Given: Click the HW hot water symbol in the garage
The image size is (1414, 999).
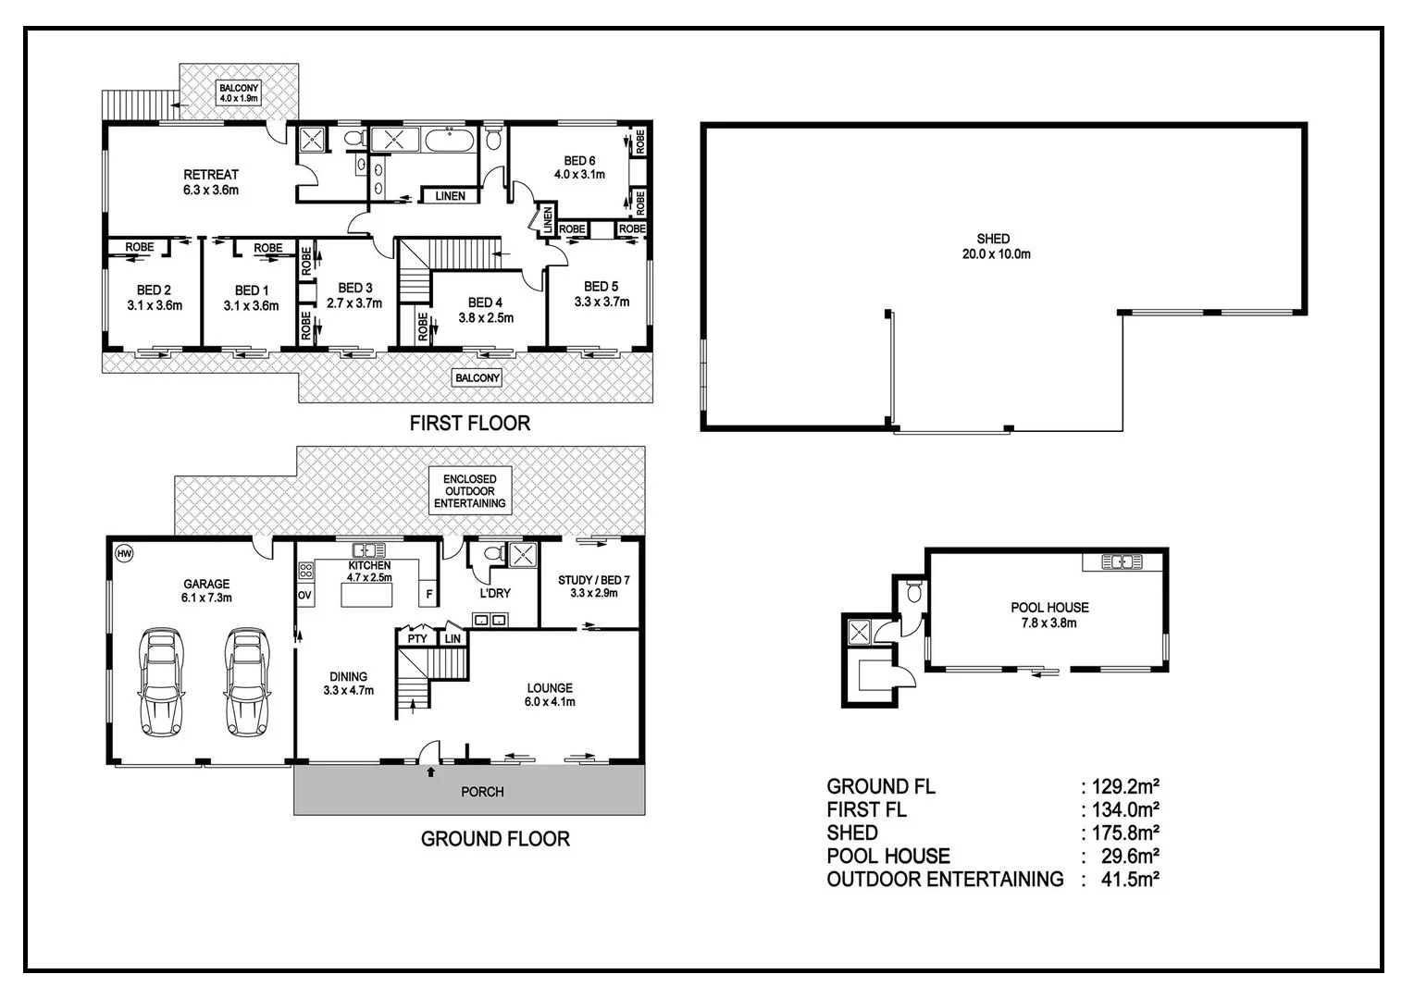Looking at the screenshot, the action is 124,554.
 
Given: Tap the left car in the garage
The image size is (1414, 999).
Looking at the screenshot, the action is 162,682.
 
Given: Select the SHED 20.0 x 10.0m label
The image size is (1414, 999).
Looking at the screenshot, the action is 996,247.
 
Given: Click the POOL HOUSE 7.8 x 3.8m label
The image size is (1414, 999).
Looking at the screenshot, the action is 1049,615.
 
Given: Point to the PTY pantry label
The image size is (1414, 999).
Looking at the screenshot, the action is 417,638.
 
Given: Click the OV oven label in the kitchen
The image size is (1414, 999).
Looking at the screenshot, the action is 304,595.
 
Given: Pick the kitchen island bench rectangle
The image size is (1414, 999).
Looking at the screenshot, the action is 366,595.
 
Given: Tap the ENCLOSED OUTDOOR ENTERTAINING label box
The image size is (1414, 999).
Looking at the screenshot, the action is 470,491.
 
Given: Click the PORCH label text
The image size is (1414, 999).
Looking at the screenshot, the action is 482,792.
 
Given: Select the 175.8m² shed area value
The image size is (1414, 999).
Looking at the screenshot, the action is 1125,833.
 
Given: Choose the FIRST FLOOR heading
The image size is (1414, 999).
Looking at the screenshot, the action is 470,423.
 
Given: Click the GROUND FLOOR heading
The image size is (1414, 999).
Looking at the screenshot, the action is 495,839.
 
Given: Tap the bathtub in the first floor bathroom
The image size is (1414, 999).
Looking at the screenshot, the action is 450,140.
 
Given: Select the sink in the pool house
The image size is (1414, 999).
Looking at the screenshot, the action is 1122,561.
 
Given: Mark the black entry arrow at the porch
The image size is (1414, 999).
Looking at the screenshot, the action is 431,771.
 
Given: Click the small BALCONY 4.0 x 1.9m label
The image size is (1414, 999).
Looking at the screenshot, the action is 239,93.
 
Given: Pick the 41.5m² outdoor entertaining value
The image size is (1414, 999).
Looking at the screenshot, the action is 1130,879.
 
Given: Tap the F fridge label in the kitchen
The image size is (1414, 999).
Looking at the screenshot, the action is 429,595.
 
